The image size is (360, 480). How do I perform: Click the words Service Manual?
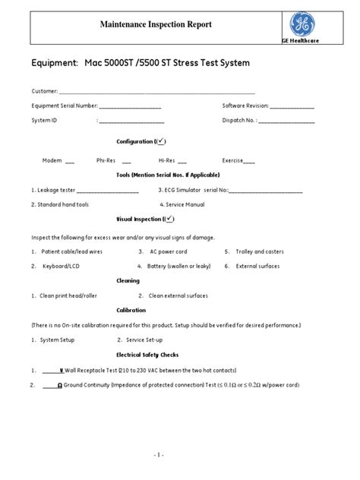[x=187, y=204]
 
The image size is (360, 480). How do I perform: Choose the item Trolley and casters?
[x=261, y=251]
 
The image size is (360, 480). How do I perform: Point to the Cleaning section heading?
[x=127, y=281]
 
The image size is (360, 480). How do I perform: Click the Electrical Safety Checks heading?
[x=148, y=355]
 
